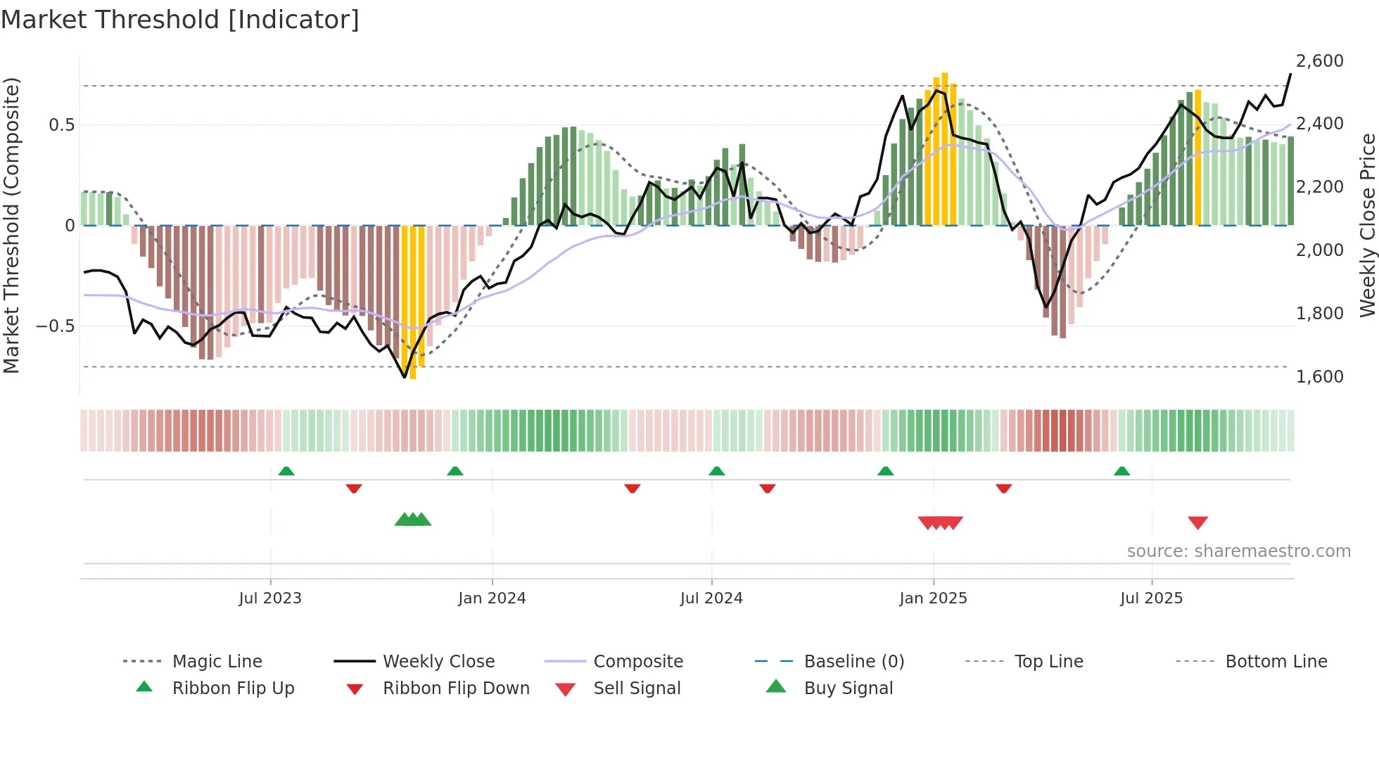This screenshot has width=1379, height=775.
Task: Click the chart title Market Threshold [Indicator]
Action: tap(180, 20)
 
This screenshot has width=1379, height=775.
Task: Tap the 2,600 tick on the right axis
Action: tap(1319, 61)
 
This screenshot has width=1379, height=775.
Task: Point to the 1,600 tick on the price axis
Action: tap(1319, 377)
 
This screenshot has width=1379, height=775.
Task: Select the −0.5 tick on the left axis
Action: tap(55, 326)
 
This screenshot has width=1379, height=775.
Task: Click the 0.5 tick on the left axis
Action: tap(61, 125)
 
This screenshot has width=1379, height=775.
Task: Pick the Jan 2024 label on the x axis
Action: tap(492, 598)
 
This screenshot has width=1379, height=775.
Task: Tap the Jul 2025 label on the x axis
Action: tap(1151, 598)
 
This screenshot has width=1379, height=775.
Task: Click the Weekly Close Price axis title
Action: tap(1366, 225)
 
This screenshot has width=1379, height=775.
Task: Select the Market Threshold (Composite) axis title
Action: tap(12, 225)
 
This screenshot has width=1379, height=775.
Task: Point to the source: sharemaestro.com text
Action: tap(1238, 551)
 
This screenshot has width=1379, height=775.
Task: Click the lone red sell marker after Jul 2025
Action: tap(1197, 523)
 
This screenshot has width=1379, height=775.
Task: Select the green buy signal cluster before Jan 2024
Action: tap(413, 520)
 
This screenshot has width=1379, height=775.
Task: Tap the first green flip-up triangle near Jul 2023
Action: tap(286, 471)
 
